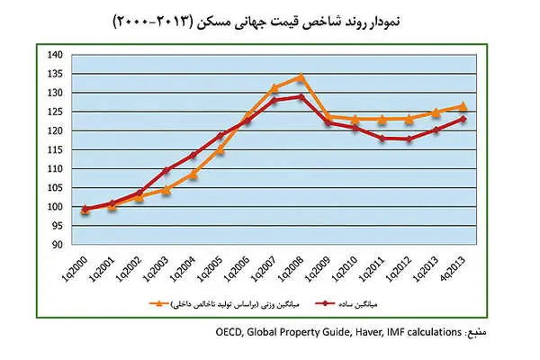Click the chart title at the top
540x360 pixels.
(x=270, y=21)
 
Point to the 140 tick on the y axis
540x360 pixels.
(x=55, y=55)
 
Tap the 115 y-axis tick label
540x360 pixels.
(x=55, y=149)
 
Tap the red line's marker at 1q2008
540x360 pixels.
(x=301, y=96)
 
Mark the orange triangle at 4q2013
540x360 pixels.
(x=463, y=106)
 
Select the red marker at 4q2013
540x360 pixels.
(x=463, y=119)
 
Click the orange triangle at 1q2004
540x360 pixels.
(x=193, y=173)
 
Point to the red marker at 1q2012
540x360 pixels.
(x=409, y=139)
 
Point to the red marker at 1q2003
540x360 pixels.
(x=166, y=170)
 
